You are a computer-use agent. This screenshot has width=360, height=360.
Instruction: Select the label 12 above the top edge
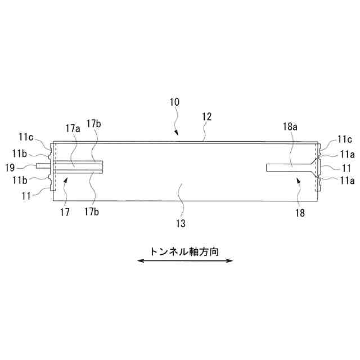pyautogui.click(x=206, y=117)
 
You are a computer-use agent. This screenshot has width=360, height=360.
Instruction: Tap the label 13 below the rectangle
pyautogui.click(x=180, y=223)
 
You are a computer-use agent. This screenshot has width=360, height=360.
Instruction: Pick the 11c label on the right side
pyautogui.click(x=345, y=139)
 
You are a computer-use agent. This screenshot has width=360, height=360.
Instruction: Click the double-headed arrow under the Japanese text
pyautogui.click(x=185, y=261)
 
